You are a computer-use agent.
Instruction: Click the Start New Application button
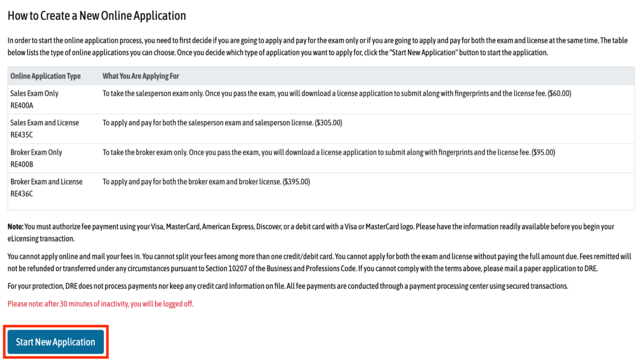55,342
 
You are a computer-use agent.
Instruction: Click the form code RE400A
22,106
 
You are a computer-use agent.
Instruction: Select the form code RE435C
22,135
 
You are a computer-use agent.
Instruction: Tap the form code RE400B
22,164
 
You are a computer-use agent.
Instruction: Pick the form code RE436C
22,194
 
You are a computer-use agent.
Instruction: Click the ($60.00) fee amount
559,93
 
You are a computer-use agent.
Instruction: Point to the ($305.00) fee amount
328,123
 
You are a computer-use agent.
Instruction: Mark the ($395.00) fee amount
296,181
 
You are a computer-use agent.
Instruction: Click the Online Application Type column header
45,76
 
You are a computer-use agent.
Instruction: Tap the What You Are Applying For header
140,76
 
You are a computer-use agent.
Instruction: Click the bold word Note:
16,227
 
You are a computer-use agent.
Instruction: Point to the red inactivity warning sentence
100,304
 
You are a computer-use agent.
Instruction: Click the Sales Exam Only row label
34,93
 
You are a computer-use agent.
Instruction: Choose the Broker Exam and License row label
47,181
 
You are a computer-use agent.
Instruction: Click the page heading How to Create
96,16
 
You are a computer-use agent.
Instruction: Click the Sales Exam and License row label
44,123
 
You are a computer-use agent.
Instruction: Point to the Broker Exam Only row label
36,152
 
